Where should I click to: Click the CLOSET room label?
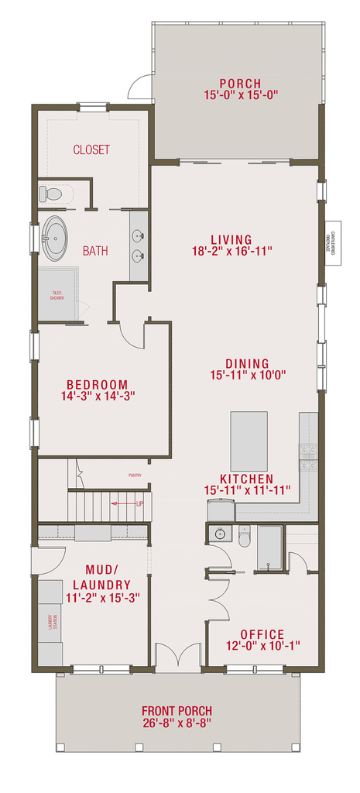click(91, 149)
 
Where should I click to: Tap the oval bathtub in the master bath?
click(55, 238)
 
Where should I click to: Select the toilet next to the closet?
click(52, 192)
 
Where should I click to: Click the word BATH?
click(95, 251)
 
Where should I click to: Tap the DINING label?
click(247, 363)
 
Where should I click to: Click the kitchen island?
click(249, 441)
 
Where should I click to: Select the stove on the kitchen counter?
click(308, 455)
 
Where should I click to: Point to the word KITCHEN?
click(247, 479)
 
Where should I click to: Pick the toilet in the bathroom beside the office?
click(244, 537)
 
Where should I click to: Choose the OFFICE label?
click(262, 633)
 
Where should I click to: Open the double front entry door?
click(179, 657)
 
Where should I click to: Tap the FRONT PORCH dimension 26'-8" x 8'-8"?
click(177, 723)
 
